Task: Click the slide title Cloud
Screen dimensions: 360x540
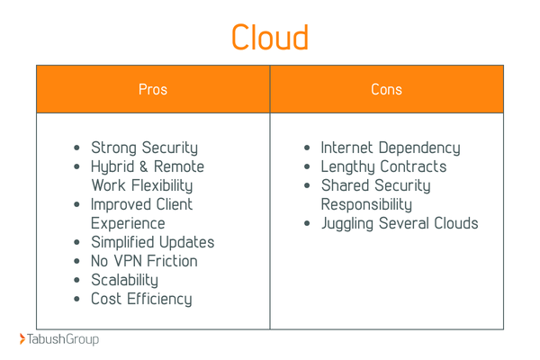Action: [x=269, y=37]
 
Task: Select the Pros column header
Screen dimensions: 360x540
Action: [x=153, y=89]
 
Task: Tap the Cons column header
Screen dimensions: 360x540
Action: [x=386, y=89]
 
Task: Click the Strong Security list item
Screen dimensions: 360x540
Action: [x=144, y=148]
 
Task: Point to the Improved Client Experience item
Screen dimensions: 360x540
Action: [x=141, y=213]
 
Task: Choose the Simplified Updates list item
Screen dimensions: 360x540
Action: [x=152, y=242]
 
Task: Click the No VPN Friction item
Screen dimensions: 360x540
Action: [x=144, y=261]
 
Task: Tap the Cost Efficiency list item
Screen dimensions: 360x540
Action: [x=141, y=299]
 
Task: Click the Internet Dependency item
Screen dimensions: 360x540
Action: [x=390, y=148]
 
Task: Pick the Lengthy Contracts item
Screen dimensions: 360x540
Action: [x=383, y=166]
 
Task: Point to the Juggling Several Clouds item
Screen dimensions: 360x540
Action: [x=400, y=223]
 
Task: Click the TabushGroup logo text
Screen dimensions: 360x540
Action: [x=63, y=339]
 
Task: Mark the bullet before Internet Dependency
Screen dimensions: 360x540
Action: [x=308, y=148]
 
